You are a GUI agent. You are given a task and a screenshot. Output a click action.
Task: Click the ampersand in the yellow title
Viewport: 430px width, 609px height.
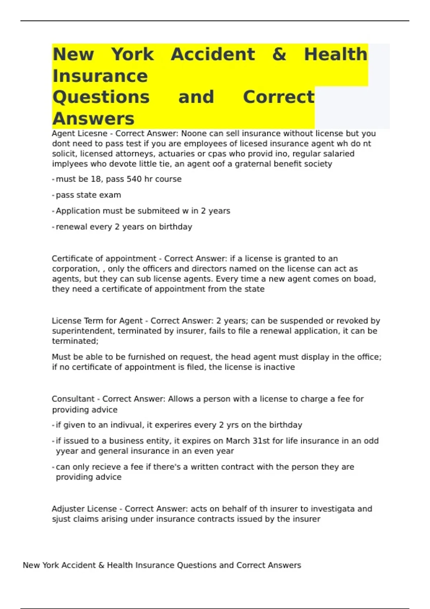[279, 55]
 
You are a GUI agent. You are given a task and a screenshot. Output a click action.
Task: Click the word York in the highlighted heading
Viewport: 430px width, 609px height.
[132, 55]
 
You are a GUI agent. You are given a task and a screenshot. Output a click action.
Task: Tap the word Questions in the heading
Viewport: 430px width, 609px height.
[101, 97]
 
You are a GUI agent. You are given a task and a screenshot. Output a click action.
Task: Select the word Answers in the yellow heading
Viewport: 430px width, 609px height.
[93, 119]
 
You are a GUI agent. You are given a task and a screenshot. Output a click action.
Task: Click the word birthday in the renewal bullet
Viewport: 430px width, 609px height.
[176, 227]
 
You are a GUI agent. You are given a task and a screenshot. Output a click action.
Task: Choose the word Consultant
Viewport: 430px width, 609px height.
[73, 399]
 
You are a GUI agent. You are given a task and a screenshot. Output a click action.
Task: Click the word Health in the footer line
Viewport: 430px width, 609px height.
[120, 565]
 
